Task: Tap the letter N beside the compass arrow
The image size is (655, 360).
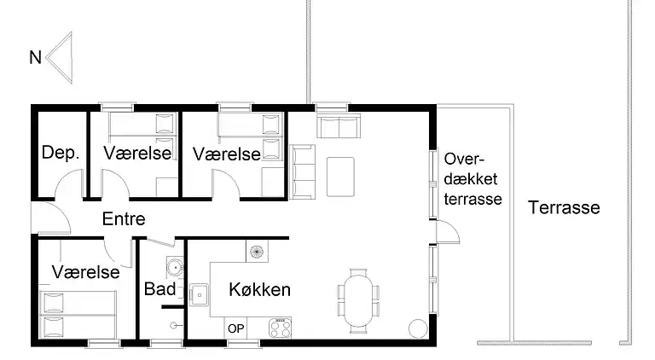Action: pyautogui.click(x=35, y=58)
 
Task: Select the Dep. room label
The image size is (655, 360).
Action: pyautogui.click(x=61, y=154)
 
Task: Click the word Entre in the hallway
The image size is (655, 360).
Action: pyautogui.click(x=124, y=219)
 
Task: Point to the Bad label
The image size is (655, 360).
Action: pyautogui.click(x=159, y=289)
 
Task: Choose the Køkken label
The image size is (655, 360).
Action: pyautogui.click(x=260, y=290)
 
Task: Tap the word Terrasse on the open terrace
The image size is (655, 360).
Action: pyautogui.click(x=564, y=207)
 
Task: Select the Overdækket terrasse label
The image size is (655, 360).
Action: pyautogui.click(x=472, y=179)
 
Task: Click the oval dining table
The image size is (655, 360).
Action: pyautogui.click(x=358, y=299)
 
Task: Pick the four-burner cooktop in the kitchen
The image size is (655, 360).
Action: pyautogui.click(x=280, y=326)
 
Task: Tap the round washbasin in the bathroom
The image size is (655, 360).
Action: pyautogui.click(x=175, y=267)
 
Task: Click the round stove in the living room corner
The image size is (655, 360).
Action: pyautogui.click(x=418, y=328)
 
